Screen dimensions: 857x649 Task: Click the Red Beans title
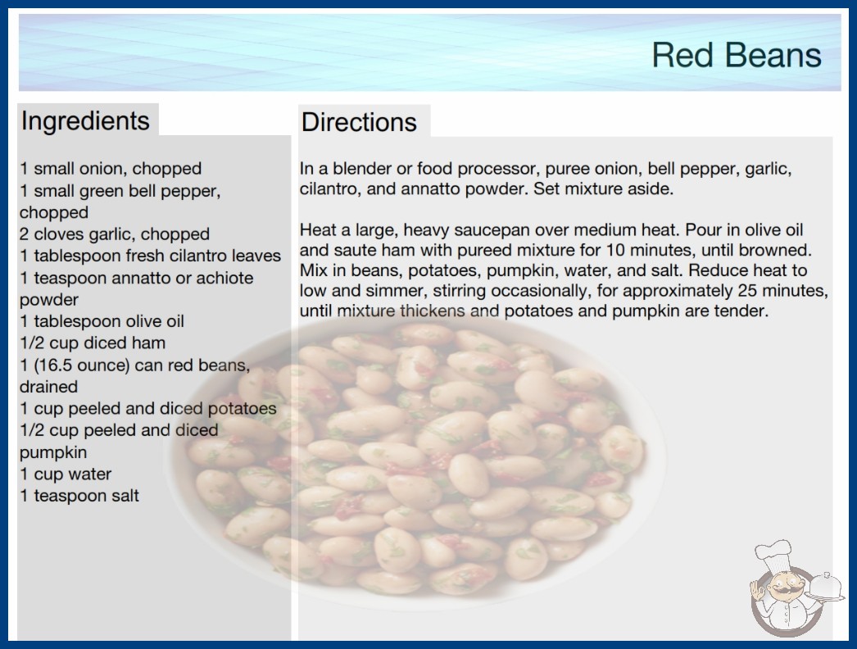click(x=737, y=55)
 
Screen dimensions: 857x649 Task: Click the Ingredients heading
click(x=85, y=120)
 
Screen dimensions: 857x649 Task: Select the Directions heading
click(x=359, y=122)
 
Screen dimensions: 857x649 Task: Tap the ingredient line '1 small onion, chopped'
click(x=111, y=169)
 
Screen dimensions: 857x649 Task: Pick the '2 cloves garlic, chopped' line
click(x=115, y=234)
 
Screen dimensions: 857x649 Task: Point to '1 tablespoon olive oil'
click(x=102, y=321)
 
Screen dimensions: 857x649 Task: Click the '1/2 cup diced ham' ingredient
click(x=93, y=343)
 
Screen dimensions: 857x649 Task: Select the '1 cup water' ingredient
click(x=66, y=474)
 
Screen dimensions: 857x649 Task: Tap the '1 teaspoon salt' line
click(x=79, y=496)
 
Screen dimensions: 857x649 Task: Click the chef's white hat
click(x=773, y=555)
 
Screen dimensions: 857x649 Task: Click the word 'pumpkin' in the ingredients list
click(x=53, y=452)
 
